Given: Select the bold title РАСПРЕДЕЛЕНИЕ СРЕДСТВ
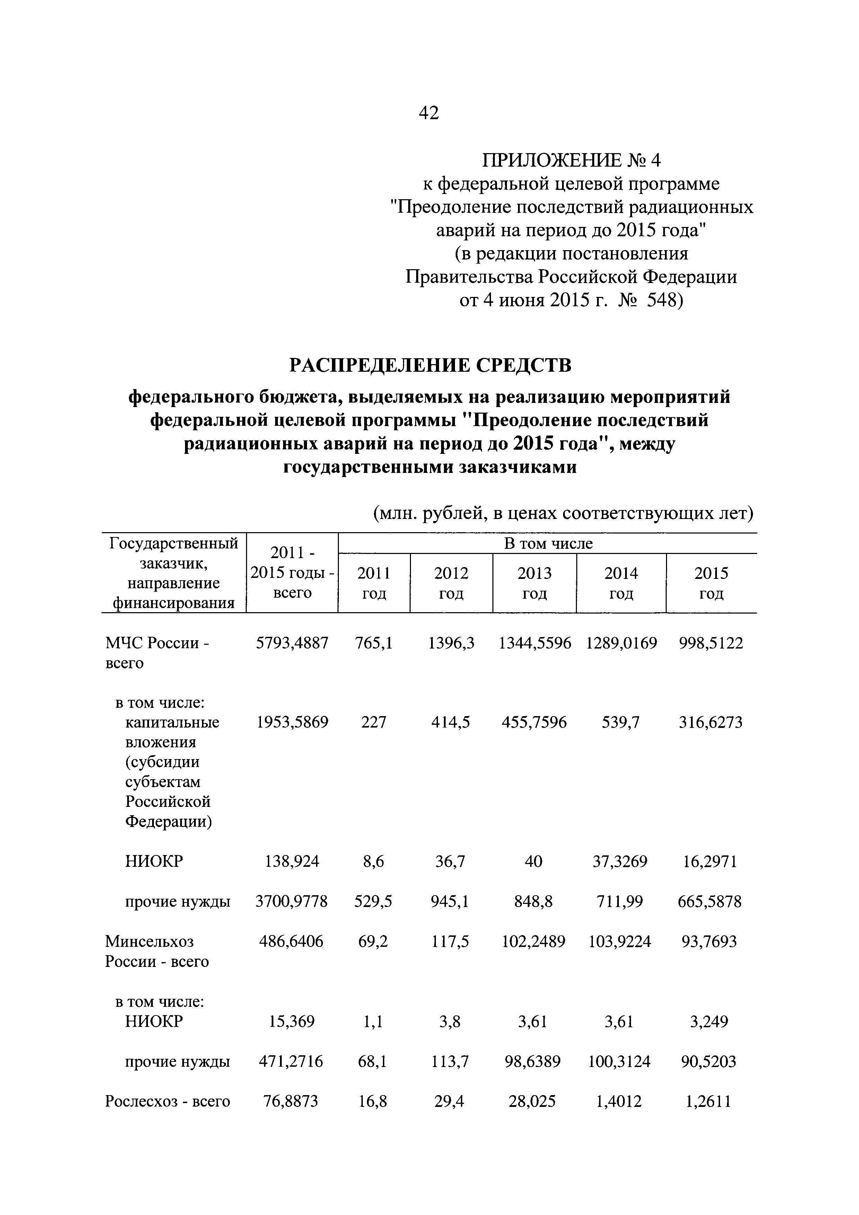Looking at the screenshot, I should (430, 365).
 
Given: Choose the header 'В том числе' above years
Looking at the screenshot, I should (548, 544).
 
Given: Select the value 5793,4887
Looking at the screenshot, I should (292, 643).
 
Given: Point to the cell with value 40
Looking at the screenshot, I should (534, 862).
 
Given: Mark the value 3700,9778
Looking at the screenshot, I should (292, 901).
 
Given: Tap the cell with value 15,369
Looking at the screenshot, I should (292, 1021).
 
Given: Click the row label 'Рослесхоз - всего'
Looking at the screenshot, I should (167, 1101).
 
